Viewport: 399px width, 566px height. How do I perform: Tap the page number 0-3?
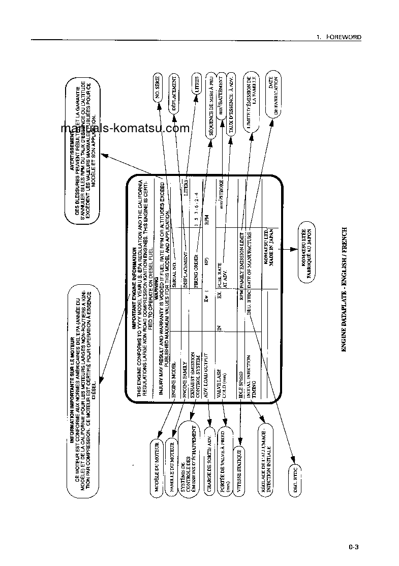point(354,547)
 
